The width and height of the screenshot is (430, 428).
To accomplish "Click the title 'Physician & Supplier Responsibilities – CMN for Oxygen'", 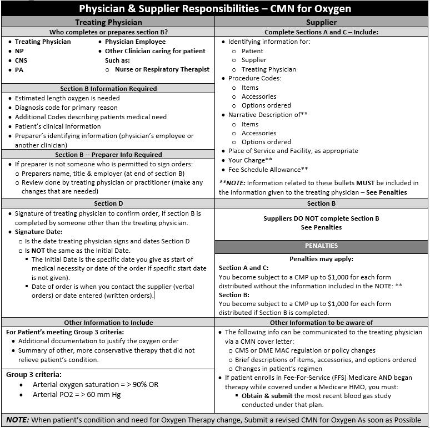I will (x=215, y=9).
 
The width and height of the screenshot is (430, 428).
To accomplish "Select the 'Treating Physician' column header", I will (x=108, y=22).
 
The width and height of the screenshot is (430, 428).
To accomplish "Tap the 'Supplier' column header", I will (x=321, y=22).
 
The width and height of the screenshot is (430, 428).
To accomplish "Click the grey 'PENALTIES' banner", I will (x=321, y=246).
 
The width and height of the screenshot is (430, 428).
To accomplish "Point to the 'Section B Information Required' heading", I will (x=108, y=89).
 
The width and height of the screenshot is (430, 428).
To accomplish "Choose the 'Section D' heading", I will (x=108, y=203).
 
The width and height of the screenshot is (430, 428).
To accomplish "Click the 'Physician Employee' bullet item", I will (x=135, y=42).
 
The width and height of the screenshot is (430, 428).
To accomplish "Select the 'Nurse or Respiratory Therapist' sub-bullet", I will (x=162, y=69).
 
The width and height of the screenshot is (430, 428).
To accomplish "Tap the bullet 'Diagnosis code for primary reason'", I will (x=66, y=108).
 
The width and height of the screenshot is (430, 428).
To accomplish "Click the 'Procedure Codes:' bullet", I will (x=254, y=78).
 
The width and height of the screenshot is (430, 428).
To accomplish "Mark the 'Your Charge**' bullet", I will (x=250, y=160).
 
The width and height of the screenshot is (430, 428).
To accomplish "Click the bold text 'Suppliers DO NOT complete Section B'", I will (x=321, y=218).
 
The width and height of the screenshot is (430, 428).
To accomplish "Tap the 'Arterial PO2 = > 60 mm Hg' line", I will (x=77, y=395).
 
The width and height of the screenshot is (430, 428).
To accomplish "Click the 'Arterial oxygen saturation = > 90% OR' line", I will (x=96, y=385).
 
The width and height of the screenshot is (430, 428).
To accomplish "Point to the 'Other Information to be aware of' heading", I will (x=321, y=322).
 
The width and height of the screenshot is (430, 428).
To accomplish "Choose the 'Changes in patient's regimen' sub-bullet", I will (x=278, y=369).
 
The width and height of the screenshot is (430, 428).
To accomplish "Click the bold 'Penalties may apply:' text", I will (x=321, y=259).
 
